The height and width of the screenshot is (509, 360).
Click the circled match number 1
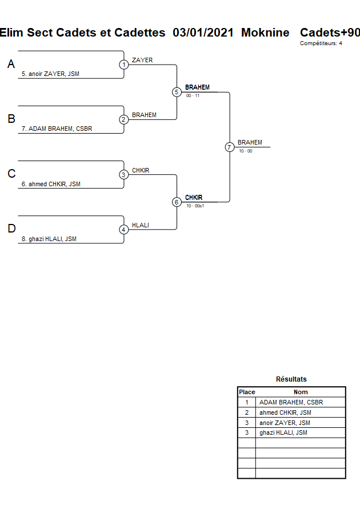pyautogui.click(x=124, y=65)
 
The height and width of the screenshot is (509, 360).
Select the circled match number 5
pyautogui.click(x=177, y=92)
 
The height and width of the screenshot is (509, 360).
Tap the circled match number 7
pyautogui.click(x=229, y=147)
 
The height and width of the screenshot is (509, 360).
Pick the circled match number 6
pyautogui.click(x=177, y=202)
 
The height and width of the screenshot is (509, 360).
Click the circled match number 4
pyautogui.click(x=124, y=229)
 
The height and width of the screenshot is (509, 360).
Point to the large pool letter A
pyautogui.click(x=11, y=65)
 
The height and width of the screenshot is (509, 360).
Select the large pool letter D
pyautogui.click(x=11, y=229)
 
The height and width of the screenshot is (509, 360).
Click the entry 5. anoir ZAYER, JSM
pyautogui.click(x=50, y=74)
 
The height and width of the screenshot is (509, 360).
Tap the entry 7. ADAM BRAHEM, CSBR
pyautogui.click(x=57, y=129)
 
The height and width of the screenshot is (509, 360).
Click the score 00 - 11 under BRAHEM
pyautogui.click(x=193, y=96)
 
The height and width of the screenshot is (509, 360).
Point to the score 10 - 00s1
pyautogui.click(x=195, y=206)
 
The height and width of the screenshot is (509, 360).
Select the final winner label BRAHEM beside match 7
pyautogui.click(x=250, y=142)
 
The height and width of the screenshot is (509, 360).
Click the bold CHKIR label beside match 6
pyautogui.click(x=194, y=198)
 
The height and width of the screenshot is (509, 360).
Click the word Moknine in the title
pyautogui.click(x=265, y=33)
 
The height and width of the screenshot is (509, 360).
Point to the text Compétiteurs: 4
pyautogui.click(x=321, y=43)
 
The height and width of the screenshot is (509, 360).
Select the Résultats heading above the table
pyautogui.click(x=291, y=379)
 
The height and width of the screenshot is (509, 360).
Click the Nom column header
pyautogui.click(x=301, y=392)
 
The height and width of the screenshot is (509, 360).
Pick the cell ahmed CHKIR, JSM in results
pyautogui.click(x=285, y=412)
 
